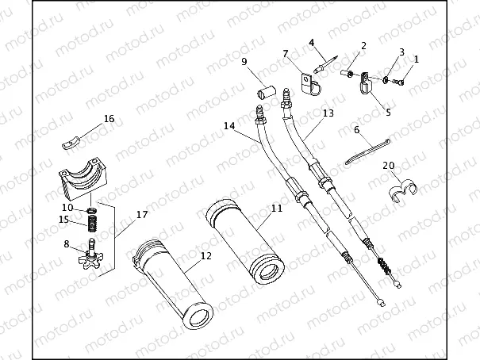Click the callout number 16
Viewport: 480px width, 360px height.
click(109, 119)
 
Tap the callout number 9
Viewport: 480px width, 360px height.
click(244, 61)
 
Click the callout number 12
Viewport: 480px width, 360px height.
click(206, 256)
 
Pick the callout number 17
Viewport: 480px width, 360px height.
click(142, 214)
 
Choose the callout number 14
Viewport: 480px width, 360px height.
click(229, 126)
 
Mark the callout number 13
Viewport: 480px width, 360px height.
click(328, 113)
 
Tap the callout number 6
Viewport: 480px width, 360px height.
click(357, 128)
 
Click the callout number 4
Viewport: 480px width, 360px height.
click(312, 42)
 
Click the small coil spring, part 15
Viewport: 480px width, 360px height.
click(92, 224)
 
